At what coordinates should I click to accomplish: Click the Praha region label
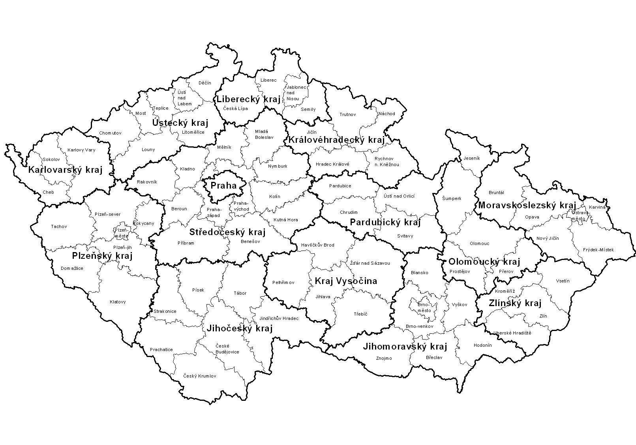(223, 186)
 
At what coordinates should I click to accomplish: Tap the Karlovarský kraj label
(65, 170)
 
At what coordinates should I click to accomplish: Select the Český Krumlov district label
(200, 376)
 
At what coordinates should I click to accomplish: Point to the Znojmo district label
(384, 358)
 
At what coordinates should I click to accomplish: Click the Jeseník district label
(471, 158)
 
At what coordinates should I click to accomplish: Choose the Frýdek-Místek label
(598, 250)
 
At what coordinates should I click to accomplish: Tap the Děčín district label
(204, 83)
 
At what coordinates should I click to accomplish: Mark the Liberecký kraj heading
(248, 99)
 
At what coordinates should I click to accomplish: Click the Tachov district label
(59, 226)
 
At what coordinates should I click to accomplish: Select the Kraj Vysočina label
(345, 281)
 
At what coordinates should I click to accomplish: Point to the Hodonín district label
(482, 345)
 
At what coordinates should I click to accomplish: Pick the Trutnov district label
(347, 114)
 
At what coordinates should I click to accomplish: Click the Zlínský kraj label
(515, 303)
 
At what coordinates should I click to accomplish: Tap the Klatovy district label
(118, 302)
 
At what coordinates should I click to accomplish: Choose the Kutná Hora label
(285, 220)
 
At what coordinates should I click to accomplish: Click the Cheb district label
(48, 192)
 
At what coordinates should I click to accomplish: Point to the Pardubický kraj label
(385, 222)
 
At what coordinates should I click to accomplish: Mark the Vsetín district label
(563, 281)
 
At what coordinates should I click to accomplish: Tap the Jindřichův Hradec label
(279, 318)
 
